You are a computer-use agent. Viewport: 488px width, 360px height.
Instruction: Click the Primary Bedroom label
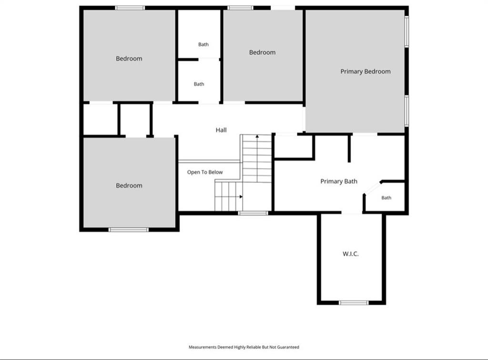click(x=366, y=71)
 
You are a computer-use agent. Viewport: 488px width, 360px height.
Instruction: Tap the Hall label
click(x=221, y=130)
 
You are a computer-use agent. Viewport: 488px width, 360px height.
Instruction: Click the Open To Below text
click(x=205, y=172)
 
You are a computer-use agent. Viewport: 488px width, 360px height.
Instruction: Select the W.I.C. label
click(x=350, y=254)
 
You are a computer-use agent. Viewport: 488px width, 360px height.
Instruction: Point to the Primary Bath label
click(x=339, y=181)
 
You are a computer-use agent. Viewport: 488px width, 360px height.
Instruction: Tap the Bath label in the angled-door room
click(x=386, y=198)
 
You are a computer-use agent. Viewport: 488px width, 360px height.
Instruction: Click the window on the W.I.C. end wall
click(x=354, y=302)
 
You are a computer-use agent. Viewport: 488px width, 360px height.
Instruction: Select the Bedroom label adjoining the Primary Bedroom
click(x=262, y=52)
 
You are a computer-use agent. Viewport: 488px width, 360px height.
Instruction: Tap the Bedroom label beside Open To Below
click(x=129, y=186)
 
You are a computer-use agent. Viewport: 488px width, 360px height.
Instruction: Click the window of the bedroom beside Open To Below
click(x=129, y=230)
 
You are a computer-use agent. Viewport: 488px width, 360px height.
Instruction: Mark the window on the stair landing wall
click(x=253, y=213)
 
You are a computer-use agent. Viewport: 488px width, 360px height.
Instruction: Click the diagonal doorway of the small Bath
click(x=372, y=189)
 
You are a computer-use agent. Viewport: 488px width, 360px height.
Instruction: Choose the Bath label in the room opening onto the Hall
click(x=199, y=84)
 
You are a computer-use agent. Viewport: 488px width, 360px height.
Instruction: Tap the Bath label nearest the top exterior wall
click(x=203, y=44)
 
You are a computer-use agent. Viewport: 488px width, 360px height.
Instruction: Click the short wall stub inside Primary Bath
click(x=349, y=149)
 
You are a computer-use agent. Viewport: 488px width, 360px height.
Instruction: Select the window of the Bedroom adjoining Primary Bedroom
click(x=240, y=8)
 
